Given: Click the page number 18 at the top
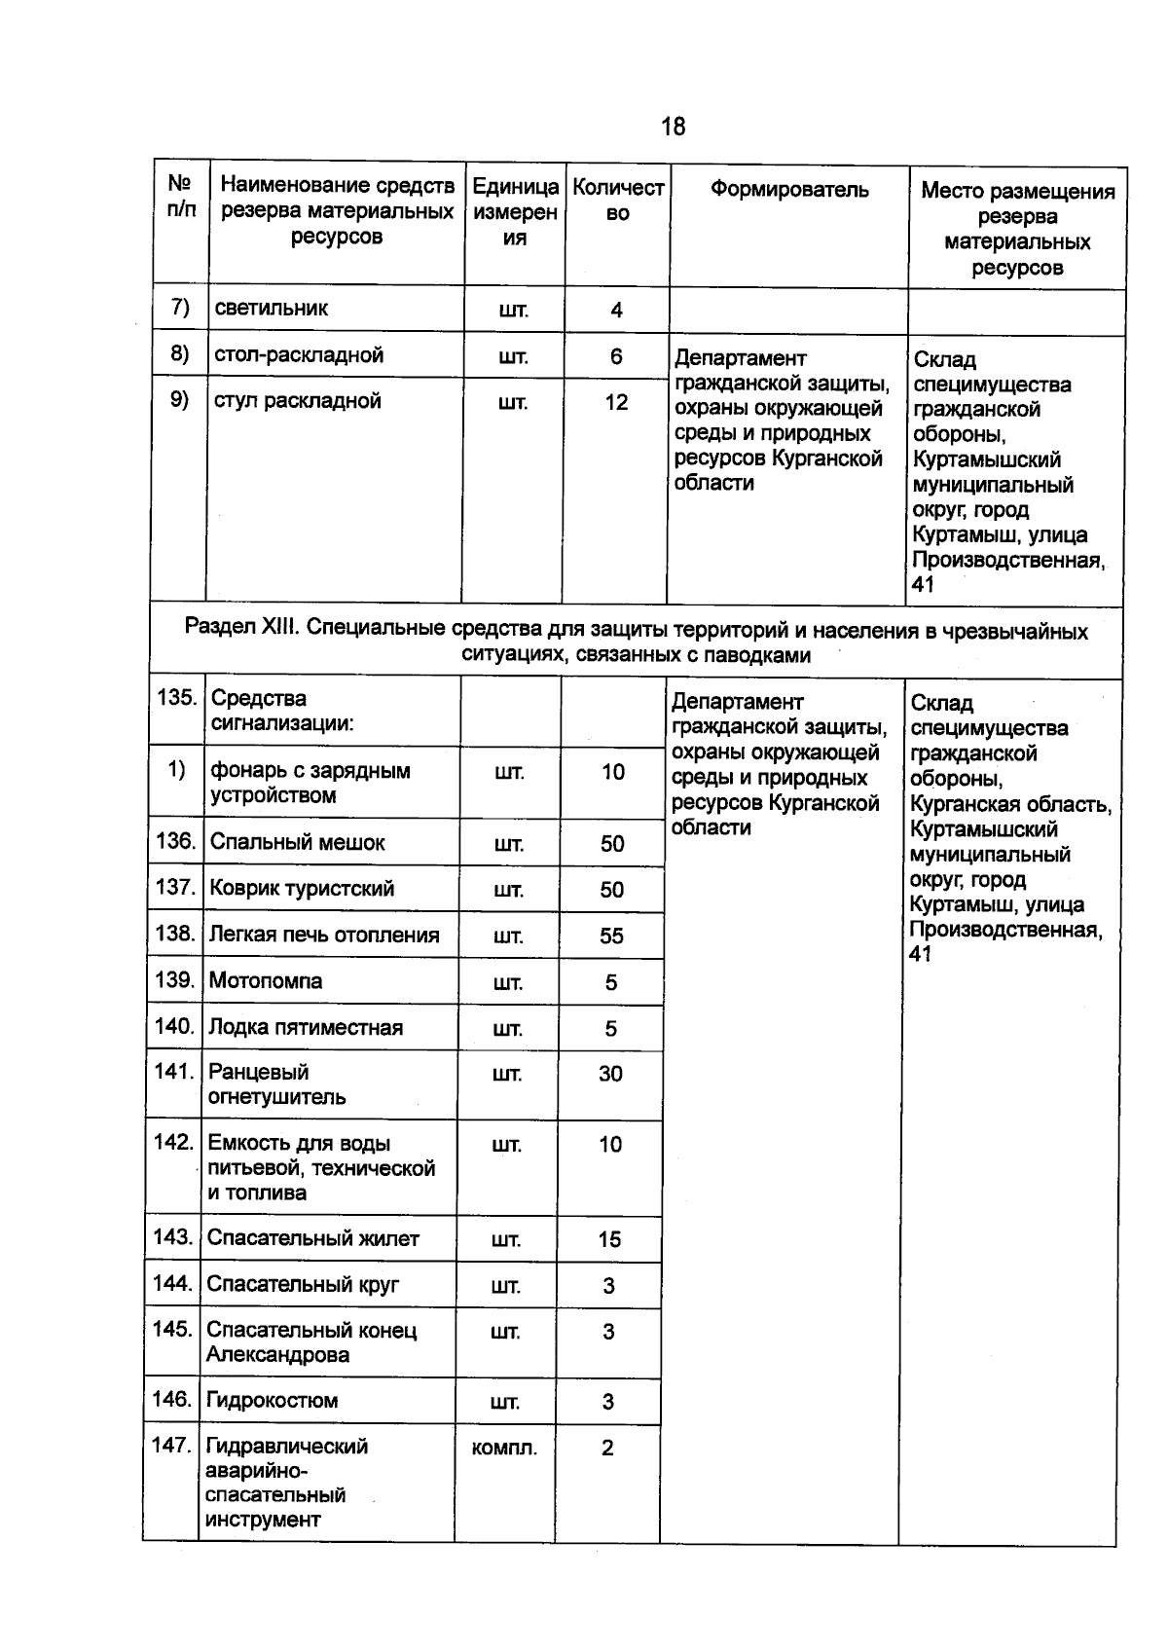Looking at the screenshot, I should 673,127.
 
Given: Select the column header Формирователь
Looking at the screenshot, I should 788,190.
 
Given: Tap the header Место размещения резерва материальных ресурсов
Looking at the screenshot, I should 1017,229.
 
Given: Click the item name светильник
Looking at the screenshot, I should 271,309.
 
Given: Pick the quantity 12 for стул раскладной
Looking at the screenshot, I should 616,402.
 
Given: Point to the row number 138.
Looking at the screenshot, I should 175,934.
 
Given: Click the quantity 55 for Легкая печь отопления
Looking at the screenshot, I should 611,936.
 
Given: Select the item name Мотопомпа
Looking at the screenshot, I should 265,980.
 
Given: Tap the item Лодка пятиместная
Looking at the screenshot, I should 305,1027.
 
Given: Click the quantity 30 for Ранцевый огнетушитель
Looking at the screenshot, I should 610,1074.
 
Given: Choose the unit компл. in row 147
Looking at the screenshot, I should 504,1449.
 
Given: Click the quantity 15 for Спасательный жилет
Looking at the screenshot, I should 609,1239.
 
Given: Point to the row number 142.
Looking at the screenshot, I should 173,1142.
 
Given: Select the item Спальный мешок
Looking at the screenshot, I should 297,842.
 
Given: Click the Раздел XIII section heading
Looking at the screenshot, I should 636,642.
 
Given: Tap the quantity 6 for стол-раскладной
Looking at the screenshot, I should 616,356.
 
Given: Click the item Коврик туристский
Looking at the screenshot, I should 301,888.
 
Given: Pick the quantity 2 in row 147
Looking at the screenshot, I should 607,1448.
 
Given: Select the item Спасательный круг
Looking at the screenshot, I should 302,1284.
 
